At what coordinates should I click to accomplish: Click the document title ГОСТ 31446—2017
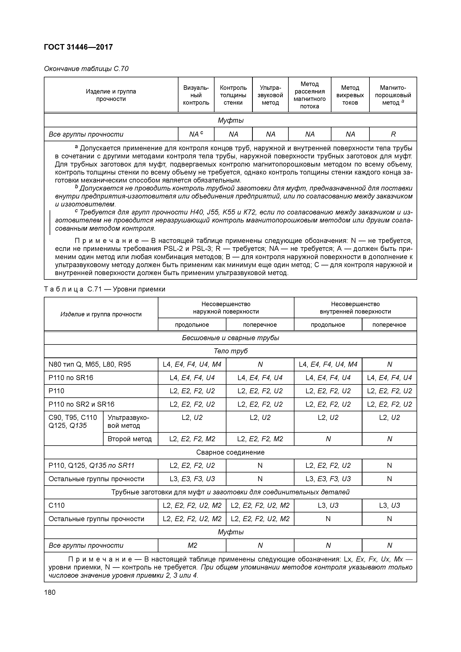[x=78, y=47]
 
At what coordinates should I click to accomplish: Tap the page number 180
[x=50, y=592]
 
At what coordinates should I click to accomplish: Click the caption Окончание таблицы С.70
[x=86, y=69]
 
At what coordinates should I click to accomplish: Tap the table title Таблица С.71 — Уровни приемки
[x=104, y=289]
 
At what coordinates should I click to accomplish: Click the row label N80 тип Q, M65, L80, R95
[x=90, y=364]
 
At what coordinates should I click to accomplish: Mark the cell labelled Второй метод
[x=130, y=439]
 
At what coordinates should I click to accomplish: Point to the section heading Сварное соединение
[x=230, y=452]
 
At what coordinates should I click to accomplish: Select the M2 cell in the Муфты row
[x=192, y=545]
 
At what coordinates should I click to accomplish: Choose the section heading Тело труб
[x=230, y=351]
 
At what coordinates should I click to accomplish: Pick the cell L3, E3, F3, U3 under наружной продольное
[x=192, y=479]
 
